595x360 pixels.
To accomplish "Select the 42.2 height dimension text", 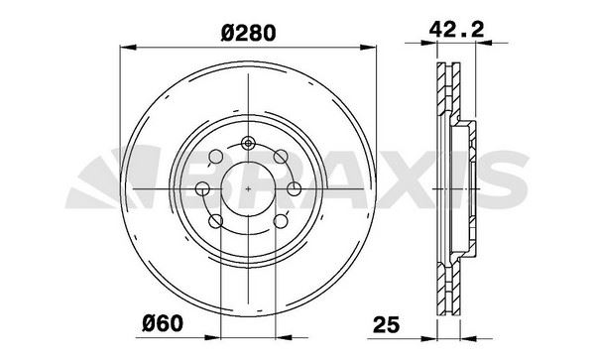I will click(459, 31).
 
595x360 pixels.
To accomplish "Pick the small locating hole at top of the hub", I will click(248, 142).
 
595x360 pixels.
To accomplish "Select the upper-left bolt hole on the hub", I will click(215, 156).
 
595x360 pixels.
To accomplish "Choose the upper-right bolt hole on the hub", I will click(281, 156).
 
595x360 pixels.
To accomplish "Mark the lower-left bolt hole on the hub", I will click(215, 220).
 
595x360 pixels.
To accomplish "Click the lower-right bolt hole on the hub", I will click(281, 220).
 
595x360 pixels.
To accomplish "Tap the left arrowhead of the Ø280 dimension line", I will click(123, 46).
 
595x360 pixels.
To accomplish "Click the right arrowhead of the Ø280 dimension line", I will click(374, 46).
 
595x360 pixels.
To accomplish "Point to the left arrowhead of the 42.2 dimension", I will click(435, 46).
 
